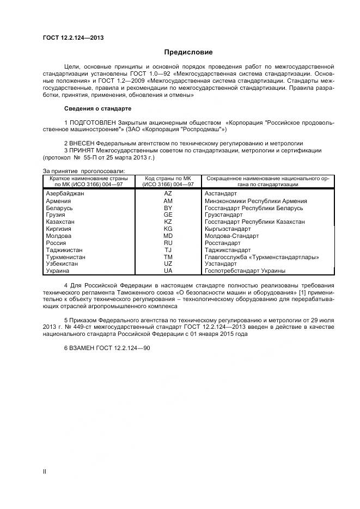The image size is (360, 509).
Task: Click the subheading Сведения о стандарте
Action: [97, 108]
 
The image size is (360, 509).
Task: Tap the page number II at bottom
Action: [45, 471]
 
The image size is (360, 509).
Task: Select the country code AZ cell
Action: [168, 194]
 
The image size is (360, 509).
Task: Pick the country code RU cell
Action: [168, 243]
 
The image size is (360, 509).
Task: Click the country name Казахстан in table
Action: [60, 222]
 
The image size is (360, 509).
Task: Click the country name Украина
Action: [58, 271]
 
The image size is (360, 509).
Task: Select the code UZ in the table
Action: [168, 263]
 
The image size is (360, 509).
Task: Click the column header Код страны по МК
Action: [168, 178]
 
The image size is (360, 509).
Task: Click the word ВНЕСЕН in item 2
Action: [83, 144]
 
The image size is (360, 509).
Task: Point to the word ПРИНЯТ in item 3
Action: [82, 151]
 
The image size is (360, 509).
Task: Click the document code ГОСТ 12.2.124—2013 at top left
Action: [73, 38]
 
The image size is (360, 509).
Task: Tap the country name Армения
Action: [59, 201]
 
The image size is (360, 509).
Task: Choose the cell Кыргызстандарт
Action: [228, 229]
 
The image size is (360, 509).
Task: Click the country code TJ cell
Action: [168, 250]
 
